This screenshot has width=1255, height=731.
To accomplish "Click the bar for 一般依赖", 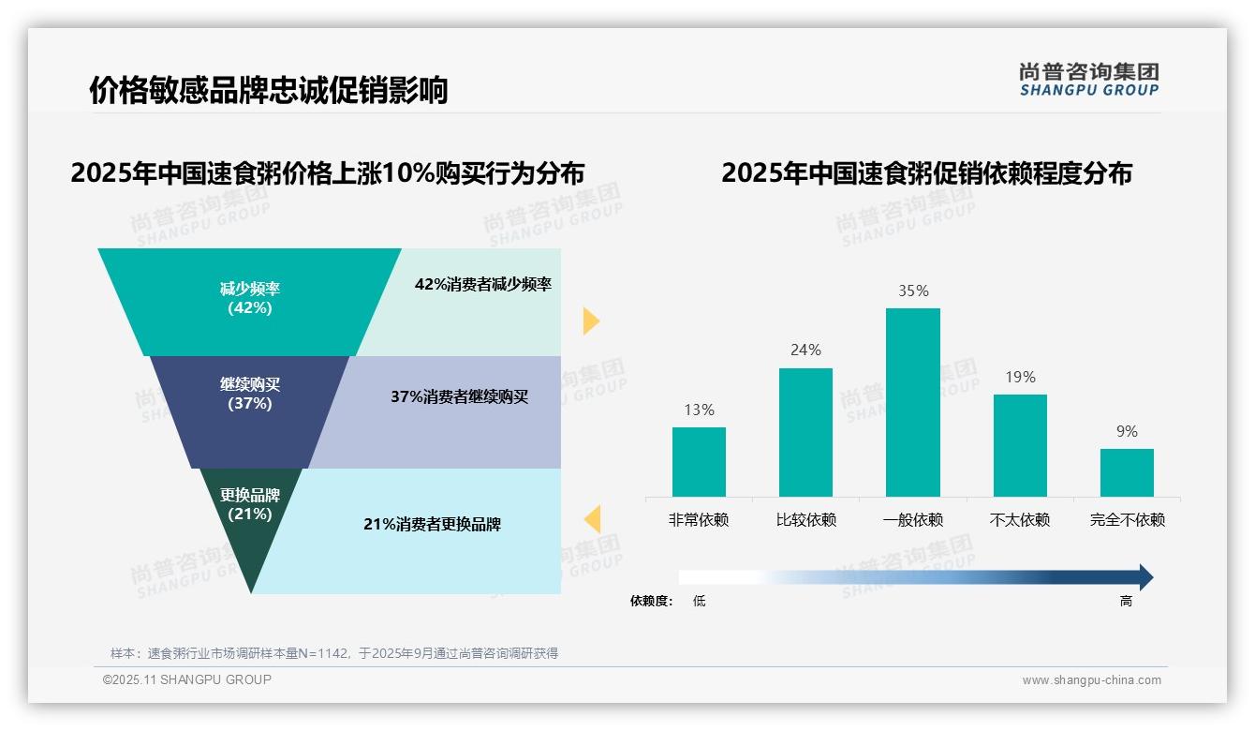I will (912, 402).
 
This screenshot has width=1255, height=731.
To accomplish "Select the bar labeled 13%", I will (699, 461).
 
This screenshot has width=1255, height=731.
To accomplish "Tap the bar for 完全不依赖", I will (1127, 472).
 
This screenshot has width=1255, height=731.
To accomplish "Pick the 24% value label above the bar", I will (805, 350).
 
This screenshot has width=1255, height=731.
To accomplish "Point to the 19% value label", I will (1020, 377).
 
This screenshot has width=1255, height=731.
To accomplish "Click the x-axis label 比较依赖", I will (805, 519).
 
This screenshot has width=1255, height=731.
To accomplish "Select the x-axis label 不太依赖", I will (1020, 519).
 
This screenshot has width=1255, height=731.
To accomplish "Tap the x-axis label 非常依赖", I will (699, 519).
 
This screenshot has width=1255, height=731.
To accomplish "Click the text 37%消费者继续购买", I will (459, 396).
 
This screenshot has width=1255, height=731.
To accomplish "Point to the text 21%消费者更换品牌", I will (432, 524).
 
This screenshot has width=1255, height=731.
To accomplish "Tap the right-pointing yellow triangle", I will (590, 321).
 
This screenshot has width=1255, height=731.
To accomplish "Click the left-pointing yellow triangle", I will (592, 519).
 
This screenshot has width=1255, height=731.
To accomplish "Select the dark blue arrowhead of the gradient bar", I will (1144, 577).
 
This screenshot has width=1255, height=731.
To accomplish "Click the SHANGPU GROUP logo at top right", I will (1088, 79).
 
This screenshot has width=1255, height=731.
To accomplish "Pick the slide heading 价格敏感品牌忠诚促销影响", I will (269, 90).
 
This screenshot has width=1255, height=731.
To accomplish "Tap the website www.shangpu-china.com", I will (1091, 680).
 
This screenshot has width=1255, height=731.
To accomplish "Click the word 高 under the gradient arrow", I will (1126, 601).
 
